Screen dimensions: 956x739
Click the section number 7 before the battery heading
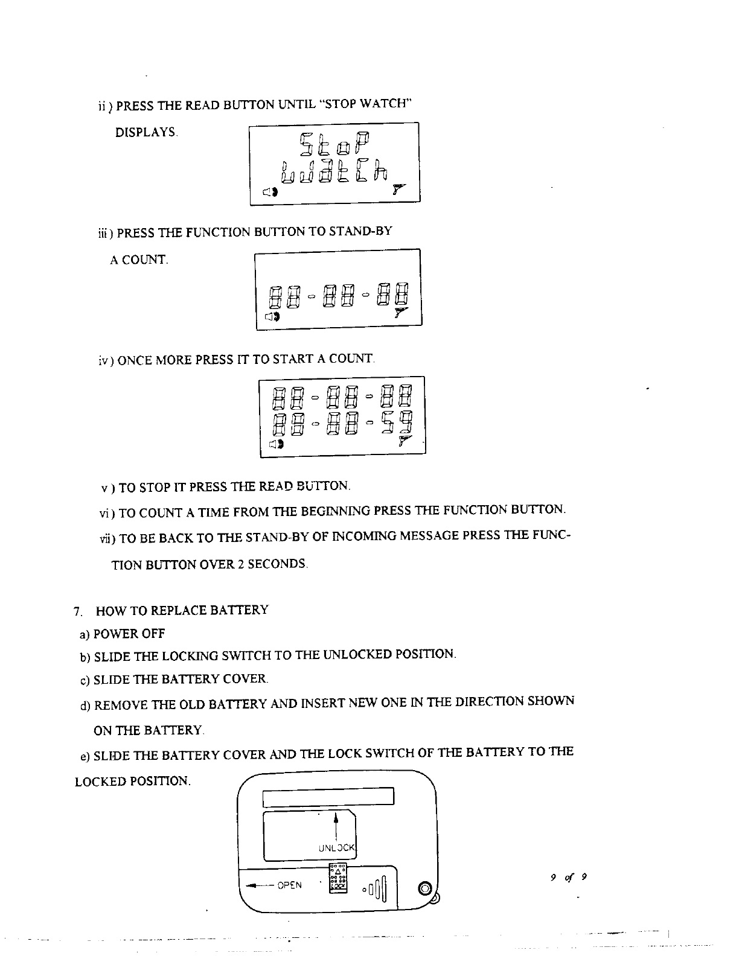76,611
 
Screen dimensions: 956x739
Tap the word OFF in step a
153,634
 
